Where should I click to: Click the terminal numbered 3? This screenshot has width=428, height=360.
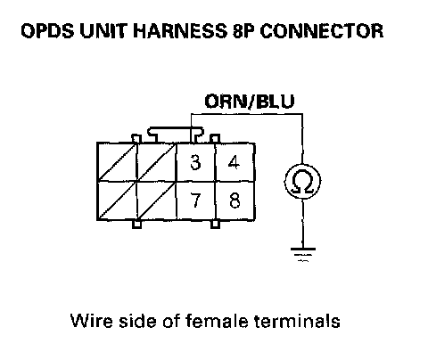(x=195, y=162)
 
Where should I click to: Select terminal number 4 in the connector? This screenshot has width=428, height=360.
(x=235, y=162)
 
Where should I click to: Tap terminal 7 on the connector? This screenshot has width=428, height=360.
(x=195, y=200)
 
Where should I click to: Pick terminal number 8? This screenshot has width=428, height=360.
(x=235, y=200)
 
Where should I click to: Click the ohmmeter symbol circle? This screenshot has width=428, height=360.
(x=302, y=182)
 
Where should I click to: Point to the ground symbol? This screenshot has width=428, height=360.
(x=303, y=255)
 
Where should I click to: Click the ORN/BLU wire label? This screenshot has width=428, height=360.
(x=250, y=102)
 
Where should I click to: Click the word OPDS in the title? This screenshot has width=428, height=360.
(x=47, y=31)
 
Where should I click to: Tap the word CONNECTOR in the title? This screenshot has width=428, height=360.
(x=322, y=31)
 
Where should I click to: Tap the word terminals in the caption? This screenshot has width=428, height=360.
(x=297, y=321)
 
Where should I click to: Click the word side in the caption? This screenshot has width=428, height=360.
(x=137, y=321)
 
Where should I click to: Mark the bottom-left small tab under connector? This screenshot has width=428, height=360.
(x=136, y=225)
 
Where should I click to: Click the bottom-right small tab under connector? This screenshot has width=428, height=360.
(x=216, y=225)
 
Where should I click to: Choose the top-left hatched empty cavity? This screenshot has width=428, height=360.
(x=117, y=162)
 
